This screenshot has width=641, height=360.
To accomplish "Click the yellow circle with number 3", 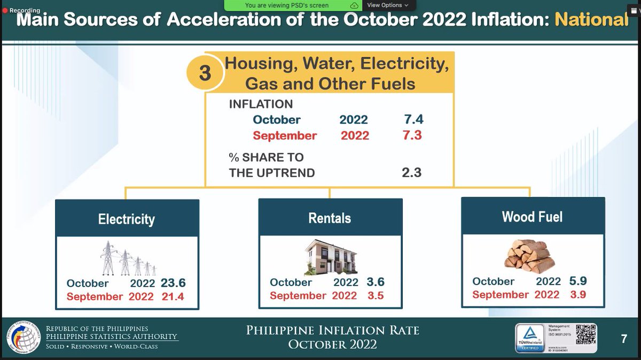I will (x=205, y=73).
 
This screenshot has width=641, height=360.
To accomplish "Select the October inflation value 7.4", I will (x=413, y=120).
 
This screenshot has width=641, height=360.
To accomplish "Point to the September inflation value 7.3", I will (x=412, y=136).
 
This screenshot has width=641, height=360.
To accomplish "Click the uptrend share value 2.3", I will (x=412, y=173).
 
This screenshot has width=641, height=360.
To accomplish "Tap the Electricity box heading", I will (x=127, y=219).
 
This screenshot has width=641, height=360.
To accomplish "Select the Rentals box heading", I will (x=330, y=218).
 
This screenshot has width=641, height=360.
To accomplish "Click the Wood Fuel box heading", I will (x=532, y=216).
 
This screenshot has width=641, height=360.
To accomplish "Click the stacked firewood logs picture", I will (x=527, y=254).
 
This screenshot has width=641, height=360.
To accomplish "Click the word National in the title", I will (x=591, y=19).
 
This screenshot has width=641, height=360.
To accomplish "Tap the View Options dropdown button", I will (x=387, y=5).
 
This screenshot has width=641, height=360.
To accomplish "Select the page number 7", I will (x=623, y=339).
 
